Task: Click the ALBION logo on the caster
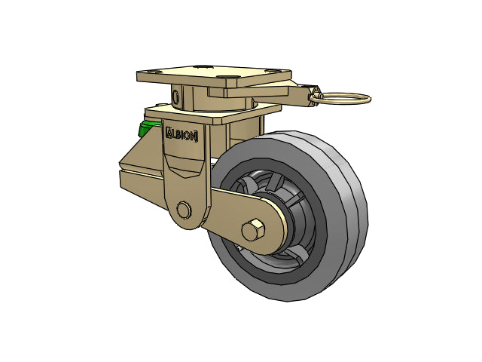tap(182, 135)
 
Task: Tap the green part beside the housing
tap(148, 128)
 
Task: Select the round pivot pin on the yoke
tap(184, 210)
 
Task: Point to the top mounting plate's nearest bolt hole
tap(227, 77)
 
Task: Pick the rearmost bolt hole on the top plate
tap(203, 66)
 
